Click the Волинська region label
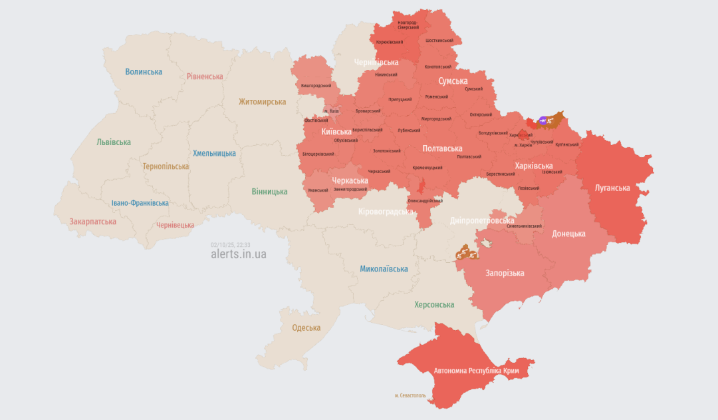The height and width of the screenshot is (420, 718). (144, 72)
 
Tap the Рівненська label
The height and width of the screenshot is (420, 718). (205, 77)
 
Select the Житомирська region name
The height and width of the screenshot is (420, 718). (262, 102)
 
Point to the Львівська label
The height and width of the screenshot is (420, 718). (114, 142)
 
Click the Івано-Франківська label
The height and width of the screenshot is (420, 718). (140, 203)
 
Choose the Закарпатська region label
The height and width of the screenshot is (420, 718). (93, 222)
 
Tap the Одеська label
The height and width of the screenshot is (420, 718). (306, 328)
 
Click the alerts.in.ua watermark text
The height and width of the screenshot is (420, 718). (238, 254)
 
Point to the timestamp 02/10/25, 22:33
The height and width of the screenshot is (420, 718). (230, 245)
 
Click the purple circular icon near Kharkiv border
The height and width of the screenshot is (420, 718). (544, 120)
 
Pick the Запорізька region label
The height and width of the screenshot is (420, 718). (505, 274)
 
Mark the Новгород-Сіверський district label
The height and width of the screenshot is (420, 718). (408, 25)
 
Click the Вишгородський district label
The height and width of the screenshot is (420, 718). (316, 86)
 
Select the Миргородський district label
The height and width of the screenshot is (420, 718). (437, 119)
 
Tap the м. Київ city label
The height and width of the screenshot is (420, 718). (331, 111)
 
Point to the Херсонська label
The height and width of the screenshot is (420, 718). (434, 305)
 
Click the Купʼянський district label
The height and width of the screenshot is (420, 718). (567, 144)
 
